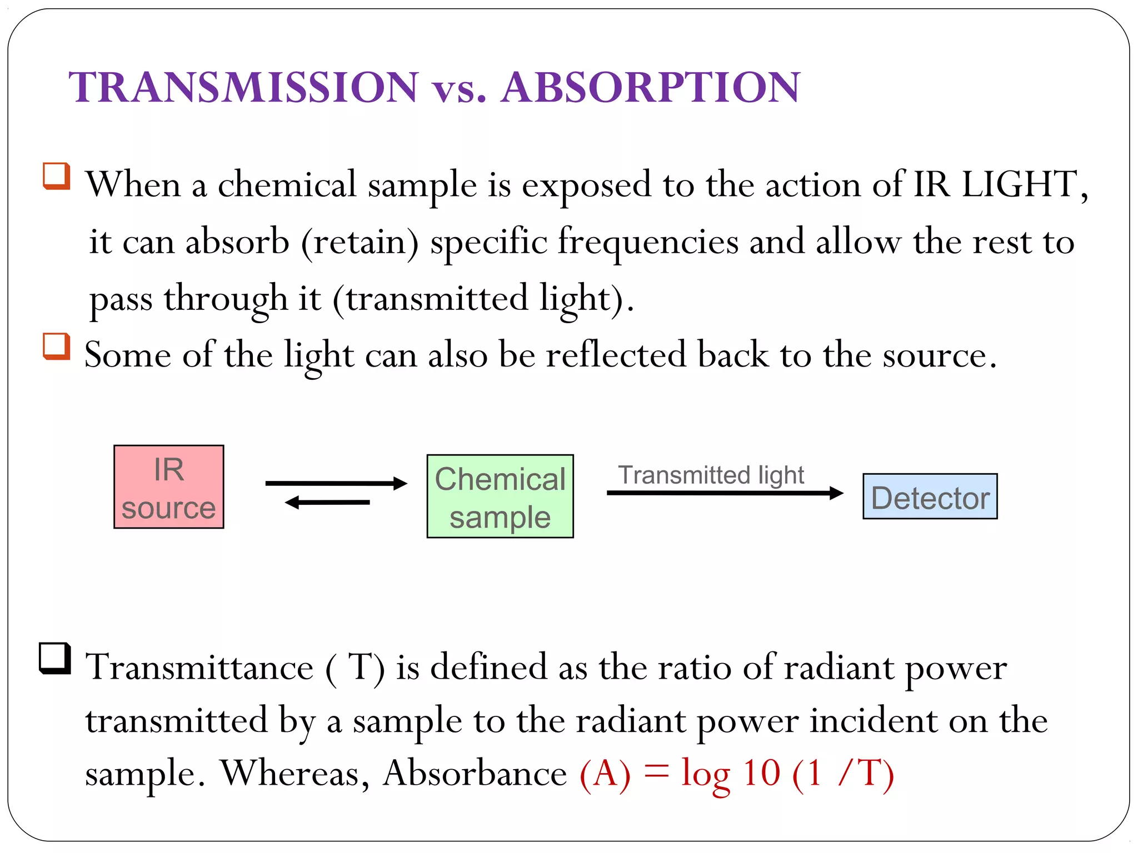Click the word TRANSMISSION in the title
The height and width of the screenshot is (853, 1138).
click(x=243, y=87)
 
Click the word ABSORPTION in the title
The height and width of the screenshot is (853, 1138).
click(x=650, y=87)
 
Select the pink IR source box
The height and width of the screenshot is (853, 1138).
click(x=168, y=487)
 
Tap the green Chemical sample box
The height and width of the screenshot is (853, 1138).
click(x=500, y=496)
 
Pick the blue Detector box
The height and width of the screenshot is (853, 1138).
click(x=930, y=496)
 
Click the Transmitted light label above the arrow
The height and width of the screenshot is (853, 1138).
click(x=711, y=475)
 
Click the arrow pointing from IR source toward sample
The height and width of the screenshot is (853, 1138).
click(x=336, y=483)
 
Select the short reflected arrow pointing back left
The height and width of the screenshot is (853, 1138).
click(x=327, y=503)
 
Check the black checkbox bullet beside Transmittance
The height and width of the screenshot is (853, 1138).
click(x=55, y=658)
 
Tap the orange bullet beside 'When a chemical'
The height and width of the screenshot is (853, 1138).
click(x=57, y=176)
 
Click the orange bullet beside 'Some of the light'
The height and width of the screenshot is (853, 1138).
click(x=57, y=346)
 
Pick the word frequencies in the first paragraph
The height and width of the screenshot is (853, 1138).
click(x=648, y=242)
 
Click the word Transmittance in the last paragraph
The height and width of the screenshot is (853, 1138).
click(x=199, y=667)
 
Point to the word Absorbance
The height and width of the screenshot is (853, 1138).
click(x=475, y=773)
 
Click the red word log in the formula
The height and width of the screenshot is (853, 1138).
click(x=705, y=774)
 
